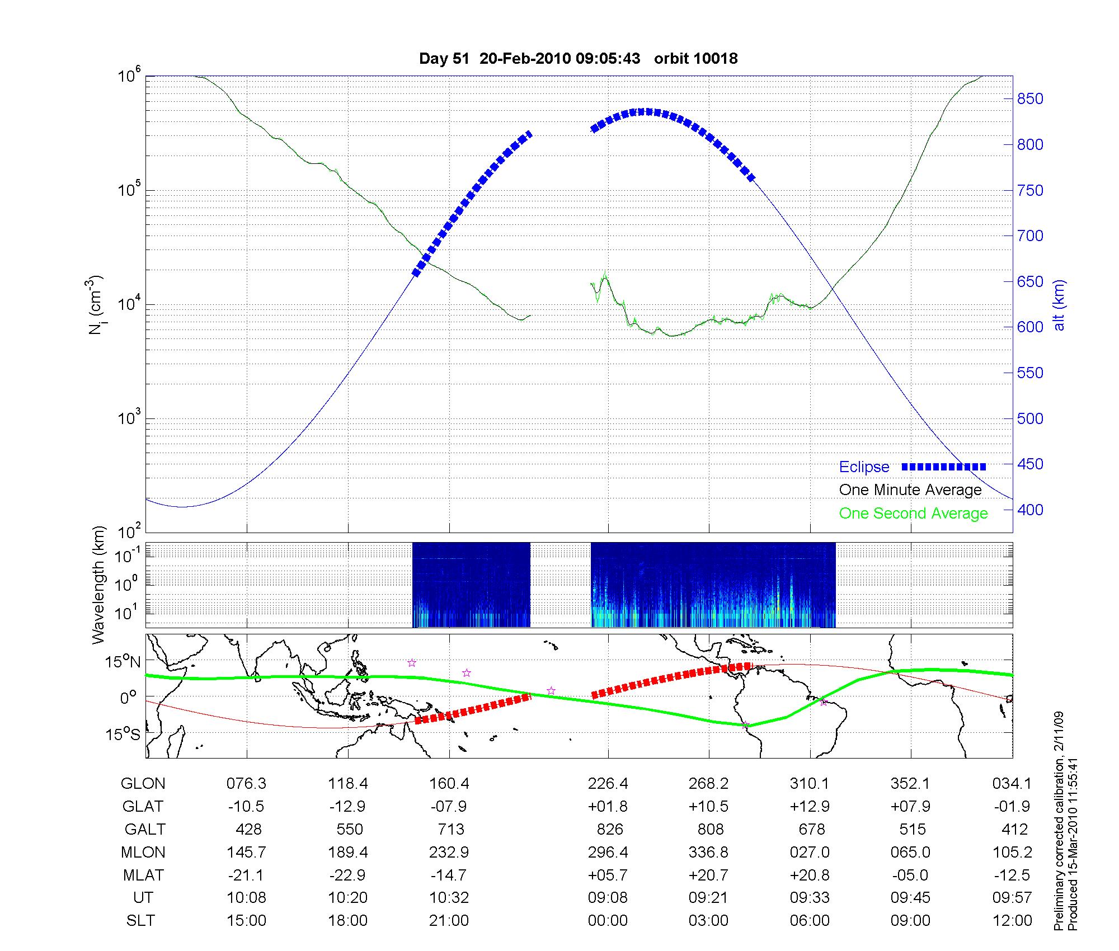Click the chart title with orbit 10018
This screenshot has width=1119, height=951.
[578, 58]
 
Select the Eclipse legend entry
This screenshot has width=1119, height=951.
[864, 467]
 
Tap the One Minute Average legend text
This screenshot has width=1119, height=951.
[910, 490]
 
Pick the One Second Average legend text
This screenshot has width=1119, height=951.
[913, 514]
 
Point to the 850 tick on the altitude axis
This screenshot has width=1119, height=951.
[1030, 99]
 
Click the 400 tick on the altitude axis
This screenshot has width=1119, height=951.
[1030, 510]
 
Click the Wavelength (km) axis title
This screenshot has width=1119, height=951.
[99, 585]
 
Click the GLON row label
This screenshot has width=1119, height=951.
[143, 784]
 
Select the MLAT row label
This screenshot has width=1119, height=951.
[143, 875]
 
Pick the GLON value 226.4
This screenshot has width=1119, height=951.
[608, 784]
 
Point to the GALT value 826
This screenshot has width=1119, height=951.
[610, 829]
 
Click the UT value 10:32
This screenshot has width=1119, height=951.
[449, 898]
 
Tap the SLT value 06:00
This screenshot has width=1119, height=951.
[810, 920]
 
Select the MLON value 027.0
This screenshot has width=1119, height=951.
[810, 853]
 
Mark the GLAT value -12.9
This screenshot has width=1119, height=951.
[348, 807]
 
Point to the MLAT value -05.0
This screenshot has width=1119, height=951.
[911, 875]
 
